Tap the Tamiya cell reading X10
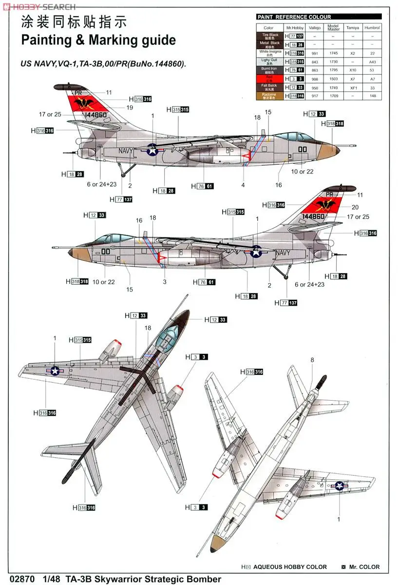(353, 71)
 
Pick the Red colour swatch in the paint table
(268, 78)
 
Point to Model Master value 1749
(333, 87)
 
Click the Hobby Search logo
(38, 6)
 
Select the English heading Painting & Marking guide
(98, 40)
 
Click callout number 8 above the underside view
(312, 360)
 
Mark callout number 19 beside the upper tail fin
(130, 107)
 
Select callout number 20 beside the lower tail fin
(355, 207)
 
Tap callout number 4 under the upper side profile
(243, 185)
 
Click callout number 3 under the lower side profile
(165, 282)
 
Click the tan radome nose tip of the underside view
(216, 546)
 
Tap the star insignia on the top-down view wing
(55, 371)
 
